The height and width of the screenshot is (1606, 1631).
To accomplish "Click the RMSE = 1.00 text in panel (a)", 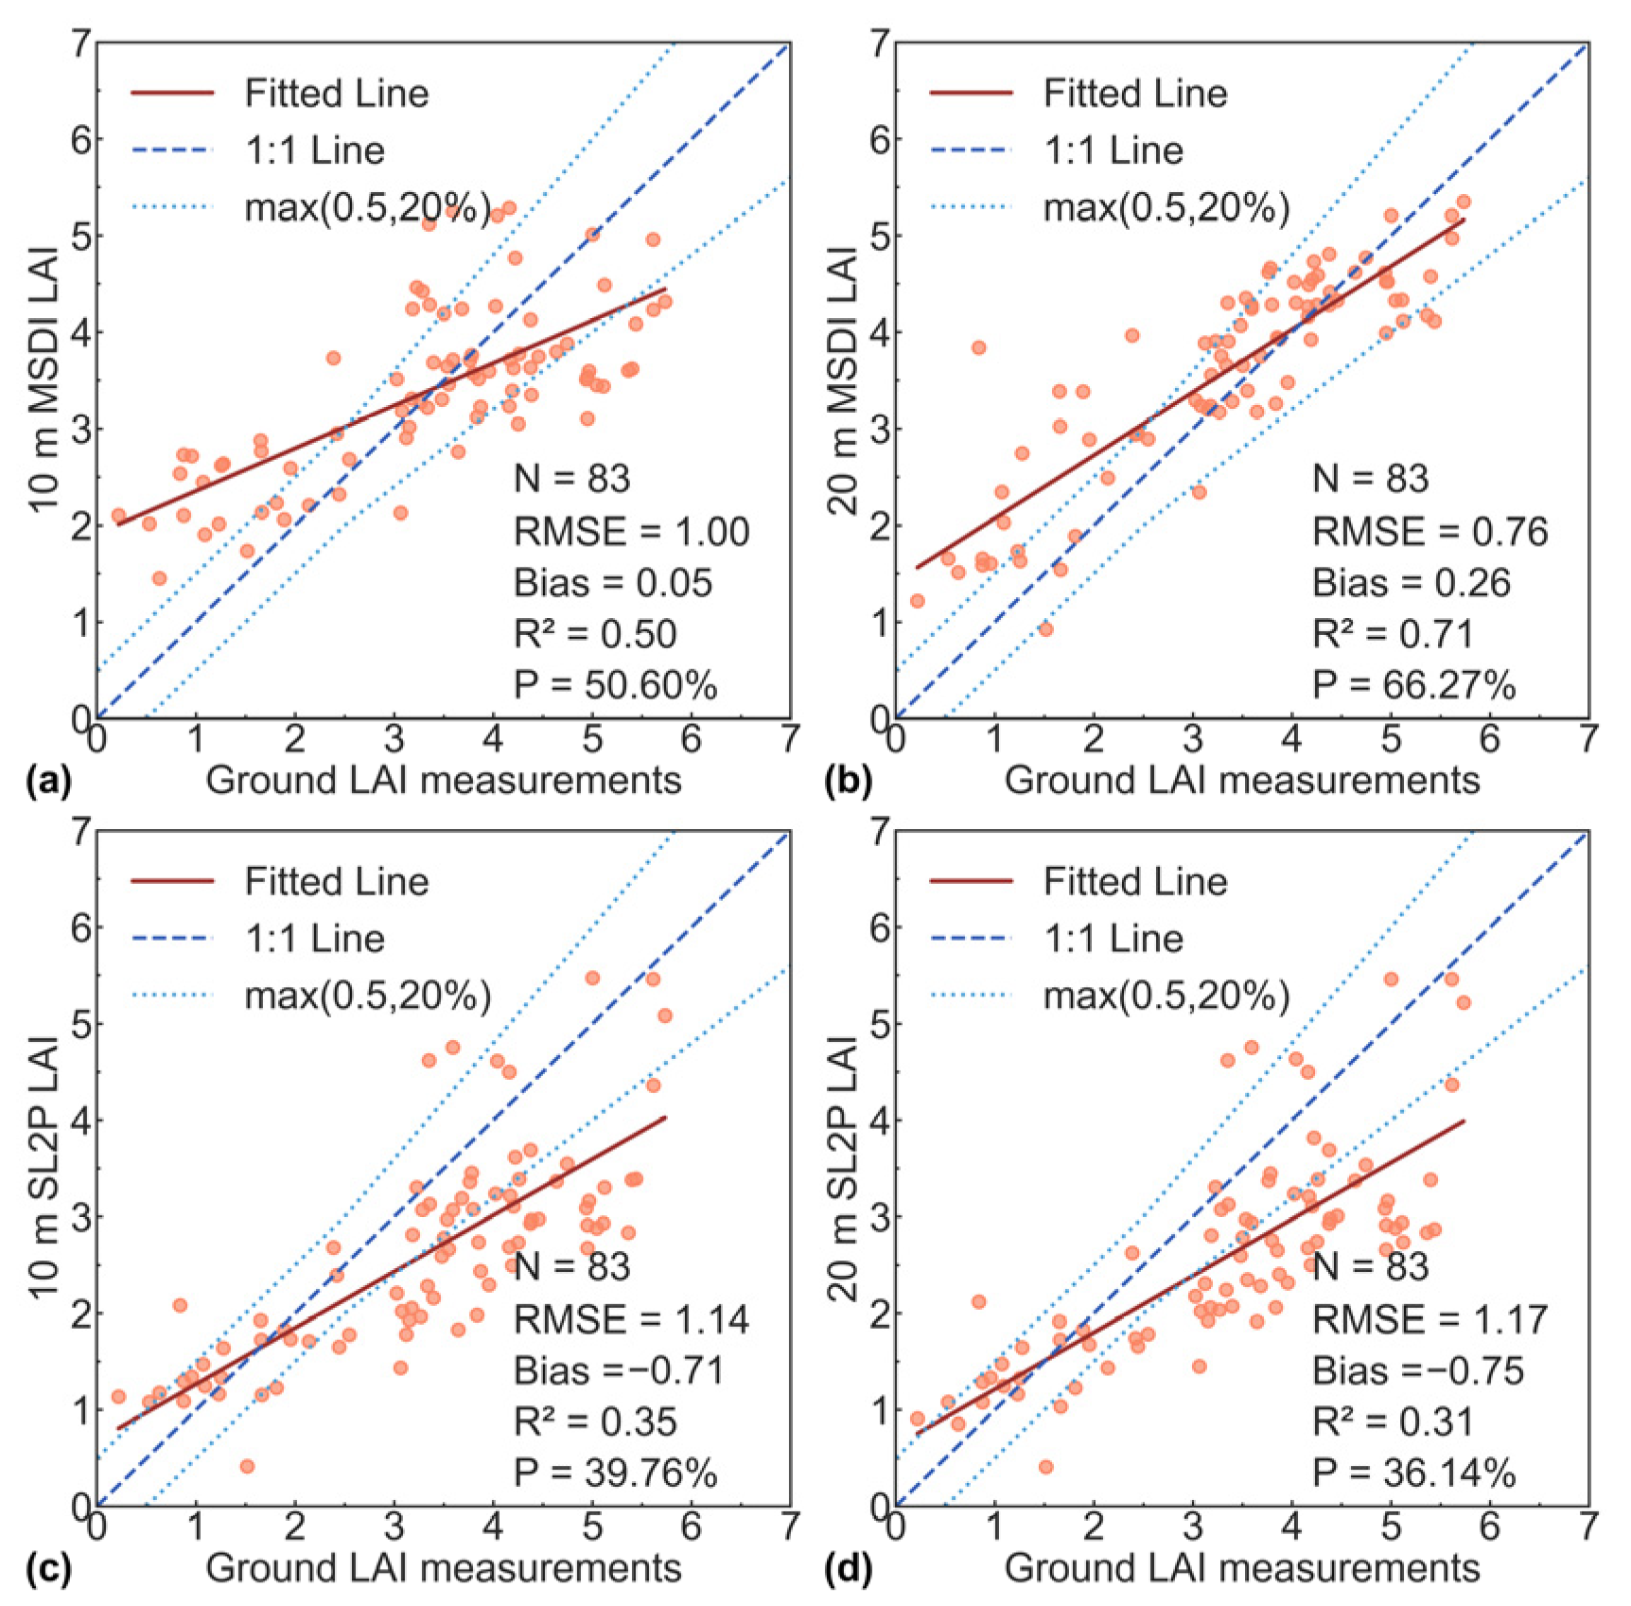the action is [631, 532].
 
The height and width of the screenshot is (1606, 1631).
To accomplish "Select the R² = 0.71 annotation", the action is [1393, 633].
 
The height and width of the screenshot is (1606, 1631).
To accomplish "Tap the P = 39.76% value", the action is [616, 1473].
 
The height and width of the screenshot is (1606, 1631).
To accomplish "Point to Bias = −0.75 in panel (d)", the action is [1418, 1370].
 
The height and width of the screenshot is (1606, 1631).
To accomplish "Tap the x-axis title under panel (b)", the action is [1242, 781].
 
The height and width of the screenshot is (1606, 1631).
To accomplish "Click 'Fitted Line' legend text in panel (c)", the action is [337, 882].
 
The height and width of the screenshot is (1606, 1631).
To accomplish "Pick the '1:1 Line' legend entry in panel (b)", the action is [1114, 150].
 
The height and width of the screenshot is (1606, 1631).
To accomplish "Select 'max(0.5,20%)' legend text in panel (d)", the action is [1166, 996].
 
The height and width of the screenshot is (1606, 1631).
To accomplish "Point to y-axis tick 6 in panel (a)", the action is [81, 140].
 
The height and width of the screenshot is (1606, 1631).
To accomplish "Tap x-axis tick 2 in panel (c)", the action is [295, 1527].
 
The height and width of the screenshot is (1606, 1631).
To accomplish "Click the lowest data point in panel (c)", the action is [247, 1466].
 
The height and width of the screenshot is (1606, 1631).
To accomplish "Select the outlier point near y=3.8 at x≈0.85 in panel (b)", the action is [978, 347].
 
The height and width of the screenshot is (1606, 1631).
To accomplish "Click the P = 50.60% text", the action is [616, 684].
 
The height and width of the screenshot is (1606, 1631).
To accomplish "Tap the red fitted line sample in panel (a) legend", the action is [172, 93].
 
